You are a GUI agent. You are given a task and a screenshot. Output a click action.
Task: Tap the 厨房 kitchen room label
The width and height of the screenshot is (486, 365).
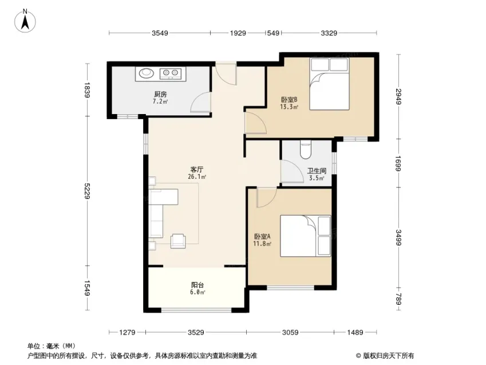click(x=160, y=95)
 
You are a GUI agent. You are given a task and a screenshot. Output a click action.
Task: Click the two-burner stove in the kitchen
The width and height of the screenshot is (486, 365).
click(x=171, y=73)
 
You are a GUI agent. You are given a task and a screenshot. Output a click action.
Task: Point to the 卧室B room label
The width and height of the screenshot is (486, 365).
click(x=289, y=99)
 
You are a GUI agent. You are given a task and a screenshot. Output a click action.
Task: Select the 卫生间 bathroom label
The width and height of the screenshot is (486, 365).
click(x=317, y=171)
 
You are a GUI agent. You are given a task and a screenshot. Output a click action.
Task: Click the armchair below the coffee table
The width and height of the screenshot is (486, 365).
click(x=179, y=241)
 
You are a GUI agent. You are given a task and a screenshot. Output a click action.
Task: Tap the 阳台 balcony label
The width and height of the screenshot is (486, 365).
click(x=198, y=285)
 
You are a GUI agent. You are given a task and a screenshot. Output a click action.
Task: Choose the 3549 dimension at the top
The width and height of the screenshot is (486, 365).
click(x=160, y=33)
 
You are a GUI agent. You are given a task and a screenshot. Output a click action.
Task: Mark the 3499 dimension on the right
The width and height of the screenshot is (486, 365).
click(x=400, y=236)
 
